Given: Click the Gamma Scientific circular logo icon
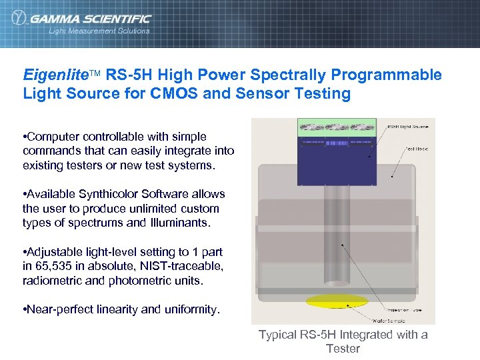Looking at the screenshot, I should point(19,19).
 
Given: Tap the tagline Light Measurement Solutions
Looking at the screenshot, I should point(99,31).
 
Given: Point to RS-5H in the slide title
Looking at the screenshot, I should point(126,75).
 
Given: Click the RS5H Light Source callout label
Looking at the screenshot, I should point(408,126).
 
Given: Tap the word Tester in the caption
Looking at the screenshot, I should point(343,349).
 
